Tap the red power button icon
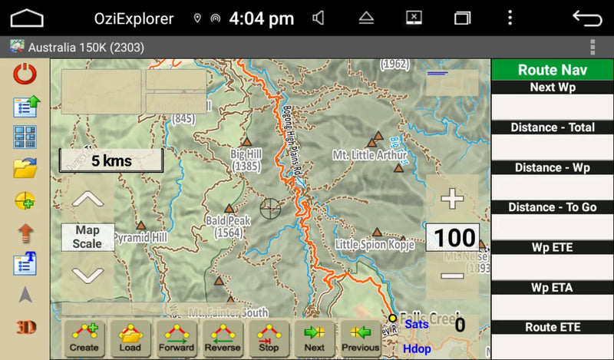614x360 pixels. (x=25, y=74)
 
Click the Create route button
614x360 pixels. (x=84, y=337)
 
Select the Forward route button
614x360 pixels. (x=177, y=337)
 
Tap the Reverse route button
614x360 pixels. (x=223, y=337)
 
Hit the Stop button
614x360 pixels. (x=269, y=337)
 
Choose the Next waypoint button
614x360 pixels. (x=315, y=337)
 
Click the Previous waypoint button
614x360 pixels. (x=361, y=337)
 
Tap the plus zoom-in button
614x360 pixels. (x=452, y=200)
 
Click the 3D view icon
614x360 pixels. (x=25, y=327)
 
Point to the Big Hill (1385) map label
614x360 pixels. (x=246, y=160)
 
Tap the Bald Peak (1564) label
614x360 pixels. (x=228, y=226)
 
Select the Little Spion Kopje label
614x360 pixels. (x=375, y=245)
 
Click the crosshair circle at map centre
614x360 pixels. (x=270, y=207)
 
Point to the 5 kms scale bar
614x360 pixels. (x=111, y=161)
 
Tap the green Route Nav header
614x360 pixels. (x=552, y=70)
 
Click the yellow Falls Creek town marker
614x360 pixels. (x=392, y=318)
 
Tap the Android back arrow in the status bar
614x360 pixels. (x=587, y=18)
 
